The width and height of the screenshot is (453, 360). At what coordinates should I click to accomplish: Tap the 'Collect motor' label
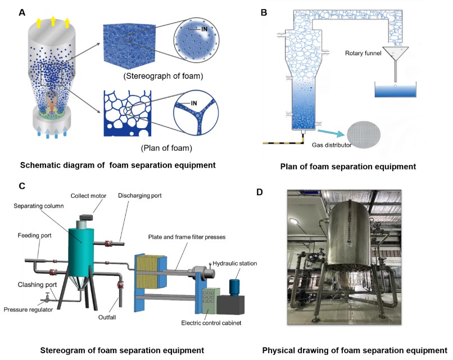[x=87, y=196]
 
